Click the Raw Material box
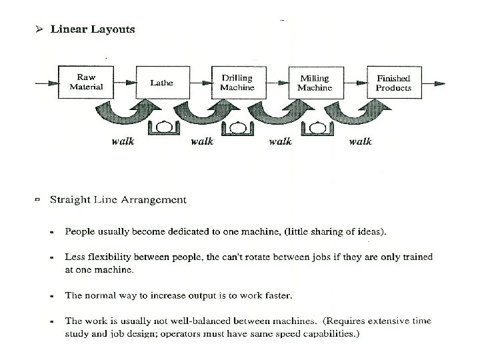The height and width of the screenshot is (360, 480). [x=86, y=82]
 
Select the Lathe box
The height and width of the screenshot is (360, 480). [x=161, y=83]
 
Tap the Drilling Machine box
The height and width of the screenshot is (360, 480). [x=237, y=83]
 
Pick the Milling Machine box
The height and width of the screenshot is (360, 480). [x=315, y=83]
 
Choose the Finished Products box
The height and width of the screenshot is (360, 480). [x=393, y=83]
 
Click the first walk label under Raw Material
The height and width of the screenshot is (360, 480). [x=123, y=141]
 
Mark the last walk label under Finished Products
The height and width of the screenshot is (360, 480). [x=360, y=141]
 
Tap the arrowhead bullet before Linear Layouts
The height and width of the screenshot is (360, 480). [x=40, y=29]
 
